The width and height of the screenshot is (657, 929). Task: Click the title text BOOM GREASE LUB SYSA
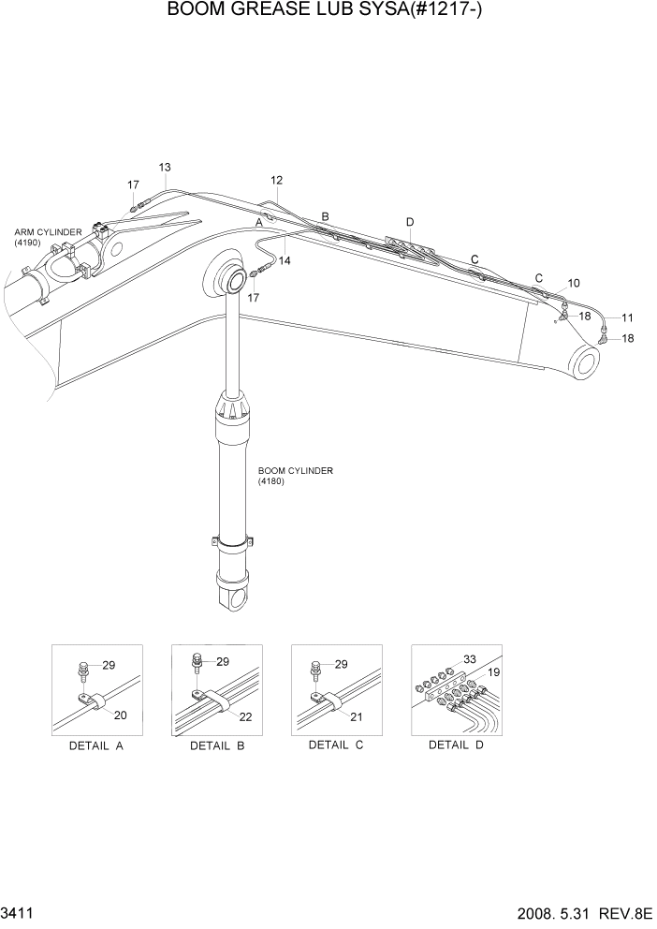(x=328, y=11)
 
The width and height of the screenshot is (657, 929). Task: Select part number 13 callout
(x=164, y=168)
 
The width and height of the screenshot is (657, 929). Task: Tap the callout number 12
(x=276, y=180)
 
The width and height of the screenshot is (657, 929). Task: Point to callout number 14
(x=285, y=261)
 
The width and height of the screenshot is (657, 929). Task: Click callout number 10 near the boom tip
(x=574, y=282)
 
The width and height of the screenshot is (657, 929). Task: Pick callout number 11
(x=627, y=317)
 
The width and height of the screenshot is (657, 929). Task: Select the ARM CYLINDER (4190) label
(x=48, y=237)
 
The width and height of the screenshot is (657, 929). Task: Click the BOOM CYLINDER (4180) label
(x=295, y=476)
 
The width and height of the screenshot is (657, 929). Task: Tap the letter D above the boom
(x=410, y=221)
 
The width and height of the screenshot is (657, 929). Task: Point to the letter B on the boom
(x=325, y=216)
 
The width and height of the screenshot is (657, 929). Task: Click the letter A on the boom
(x=259, y=222)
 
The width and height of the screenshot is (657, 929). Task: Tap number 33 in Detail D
(x=470, y=659)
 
